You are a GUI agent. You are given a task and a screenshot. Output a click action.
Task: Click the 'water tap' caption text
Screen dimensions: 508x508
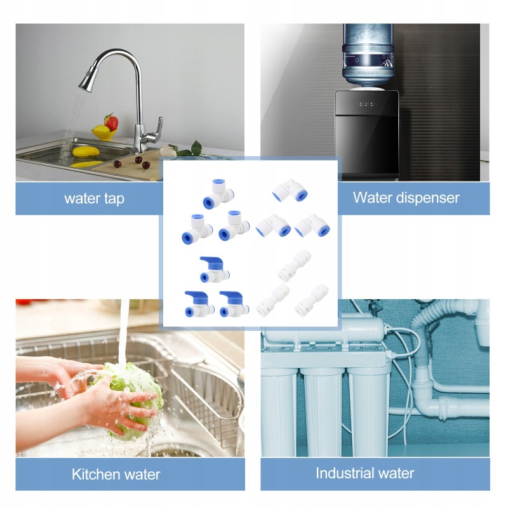click(94, 199)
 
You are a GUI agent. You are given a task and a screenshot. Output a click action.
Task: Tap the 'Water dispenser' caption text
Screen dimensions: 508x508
click(406, 197)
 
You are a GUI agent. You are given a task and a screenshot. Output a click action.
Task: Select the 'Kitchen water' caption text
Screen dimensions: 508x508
click(116, 474)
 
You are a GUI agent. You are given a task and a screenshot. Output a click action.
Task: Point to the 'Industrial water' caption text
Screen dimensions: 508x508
click(364, 473)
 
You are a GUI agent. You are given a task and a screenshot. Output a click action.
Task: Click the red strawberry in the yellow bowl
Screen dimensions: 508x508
click(111, 122)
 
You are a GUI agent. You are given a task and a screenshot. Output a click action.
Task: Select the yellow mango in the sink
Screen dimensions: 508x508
click(86, 152)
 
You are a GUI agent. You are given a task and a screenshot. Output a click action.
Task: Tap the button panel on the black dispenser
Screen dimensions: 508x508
click(366, 104)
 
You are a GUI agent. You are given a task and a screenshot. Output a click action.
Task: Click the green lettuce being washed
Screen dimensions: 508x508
click(133, 399)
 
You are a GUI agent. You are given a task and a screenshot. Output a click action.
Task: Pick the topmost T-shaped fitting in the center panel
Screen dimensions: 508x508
click(218, 194)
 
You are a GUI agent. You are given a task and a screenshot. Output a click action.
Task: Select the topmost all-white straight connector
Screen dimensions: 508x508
click(295, 265)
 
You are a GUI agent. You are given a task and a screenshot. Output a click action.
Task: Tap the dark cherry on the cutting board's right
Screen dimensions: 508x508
click(146, 165)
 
